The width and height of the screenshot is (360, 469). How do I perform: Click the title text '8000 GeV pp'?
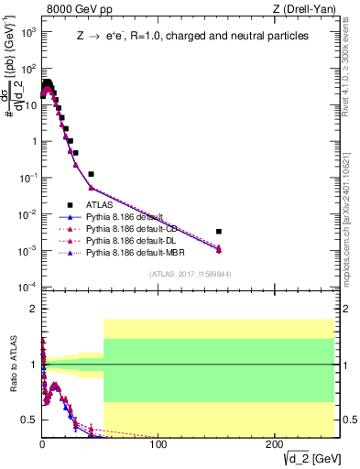click(75, 10)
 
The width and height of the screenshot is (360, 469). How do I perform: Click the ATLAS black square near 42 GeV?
click(91, 174)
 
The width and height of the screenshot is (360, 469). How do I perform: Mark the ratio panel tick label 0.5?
click(27, 420)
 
